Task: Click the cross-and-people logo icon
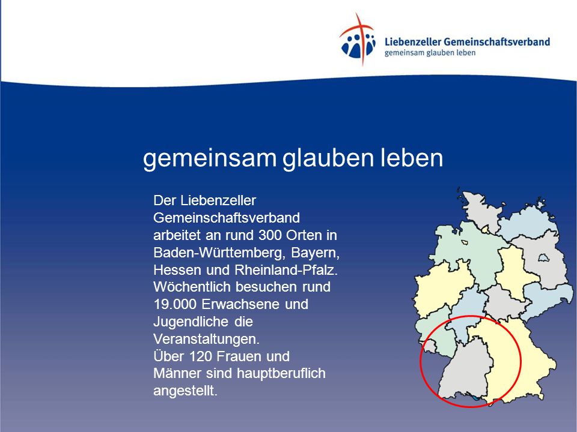click(x=357, y=40)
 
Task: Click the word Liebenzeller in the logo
click(x=412, y=41)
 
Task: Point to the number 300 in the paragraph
click(x=270, y=235)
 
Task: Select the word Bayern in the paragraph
click(x=315, y=253)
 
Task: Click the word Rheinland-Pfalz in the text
click(x=286, y=270)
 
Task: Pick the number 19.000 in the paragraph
click(x=176, y=304)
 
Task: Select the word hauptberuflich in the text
click(x=281, y=374)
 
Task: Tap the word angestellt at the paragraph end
click(x=186, y=391)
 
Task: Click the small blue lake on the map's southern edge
click(x=476, y=398)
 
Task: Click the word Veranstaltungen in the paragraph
click(x=206, y=339)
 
